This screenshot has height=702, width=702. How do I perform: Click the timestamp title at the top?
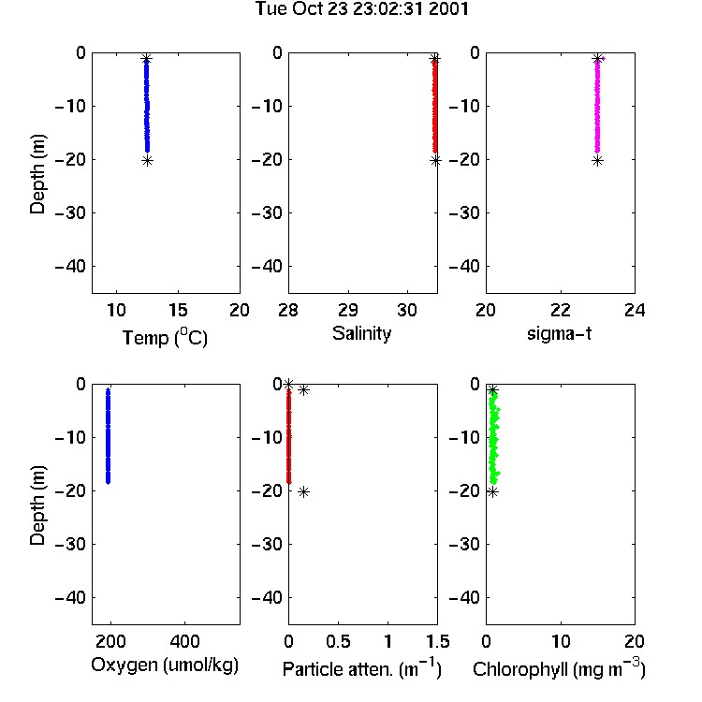point(361,8)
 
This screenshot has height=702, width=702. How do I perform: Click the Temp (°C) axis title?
point(165,337)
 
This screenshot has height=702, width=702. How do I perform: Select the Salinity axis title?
point(361,333)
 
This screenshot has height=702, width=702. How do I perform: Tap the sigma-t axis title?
point(559,333)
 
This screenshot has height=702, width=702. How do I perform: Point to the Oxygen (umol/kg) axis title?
point(165,665)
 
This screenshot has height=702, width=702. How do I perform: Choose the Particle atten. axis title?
point(361,668)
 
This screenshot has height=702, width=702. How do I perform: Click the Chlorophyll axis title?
point(559,668)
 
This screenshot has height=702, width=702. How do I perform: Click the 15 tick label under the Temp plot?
point(178,310)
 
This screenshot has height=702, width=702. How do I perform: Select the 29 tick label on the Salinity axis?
point(348,310)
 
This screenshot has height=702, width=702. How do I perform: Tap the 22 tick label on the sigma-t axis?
point(561,310)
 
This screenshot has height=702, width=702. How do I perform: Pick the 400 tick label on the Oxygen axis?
point(185,641)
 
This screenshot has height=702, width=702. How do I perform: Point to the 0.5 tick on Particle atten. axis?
point(338,641)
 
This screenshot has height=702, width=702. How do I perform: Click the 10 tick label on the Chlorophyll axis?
point(561,641)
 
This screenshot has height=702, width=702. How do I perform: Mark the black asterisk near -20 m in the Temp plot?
point(147,161)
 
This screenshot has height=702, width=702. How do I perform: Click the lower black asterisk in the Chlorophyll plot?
point(492,492)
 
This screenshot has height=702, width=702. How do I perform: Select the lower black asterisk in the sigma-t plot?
point(598,161)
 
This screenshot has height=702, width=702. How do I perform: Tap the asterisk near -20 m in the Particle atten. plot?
point(303,492)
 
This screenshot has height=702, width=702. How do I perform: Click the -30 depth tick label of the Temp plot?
point(70,212)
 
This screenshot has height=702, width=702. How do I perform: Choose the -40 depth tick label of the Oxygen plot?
point(70,597)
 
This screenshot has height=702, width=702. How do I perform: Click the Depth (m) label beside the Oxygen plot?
point(37,505)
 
